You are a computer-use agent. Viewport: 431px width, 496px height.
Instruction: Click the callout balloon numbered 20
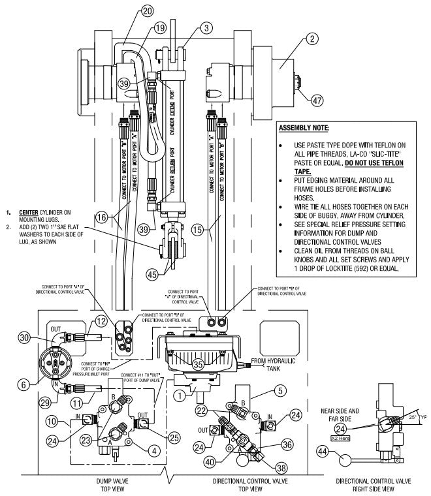coord(147,10)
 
